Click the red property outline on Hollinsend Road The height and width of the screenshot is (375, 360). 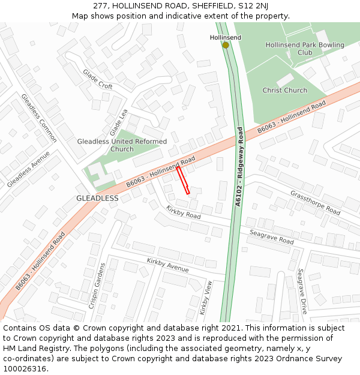(183, 180)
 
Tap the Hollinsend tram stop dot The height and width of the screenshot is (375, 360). (226, 45)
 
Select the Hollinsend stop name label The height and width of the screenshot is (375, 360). (226, 37)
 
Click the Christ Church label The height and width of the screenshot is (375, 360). (284, 91)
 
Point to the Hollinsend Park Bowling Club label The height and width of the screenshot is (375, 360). (305, 49)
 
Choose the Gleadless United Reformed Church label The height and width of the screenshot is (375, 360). (122, 145)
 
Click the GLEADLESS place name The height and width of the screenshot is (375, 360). (97, 198)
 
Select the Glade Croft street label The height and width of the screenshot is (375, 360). (98, 79)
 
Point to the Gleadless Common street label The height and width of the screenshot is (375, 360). (39, 118)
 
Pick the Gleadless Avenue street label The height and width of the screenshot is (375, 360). (28, 169)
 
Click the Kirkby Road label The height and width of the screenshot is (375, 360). (184, 211)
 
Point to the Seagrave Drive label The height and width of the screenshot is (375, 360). (302, 291)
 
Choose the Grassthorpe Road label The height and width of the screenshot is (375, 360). (315, 203)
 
